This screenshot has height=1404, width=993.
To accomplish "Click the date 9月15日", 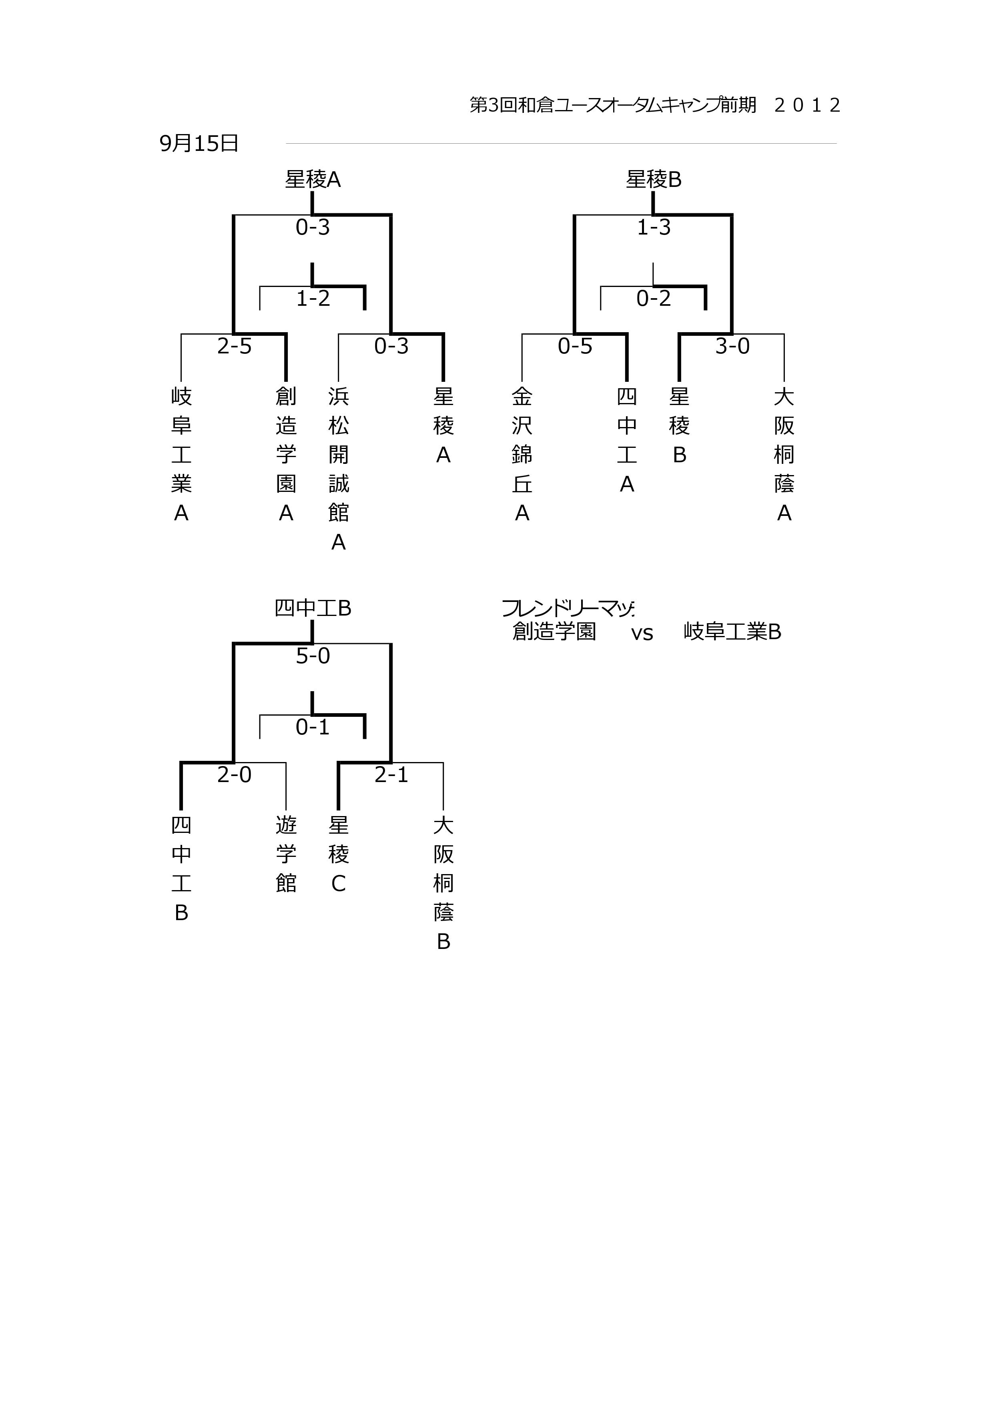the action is (x=199, y=143).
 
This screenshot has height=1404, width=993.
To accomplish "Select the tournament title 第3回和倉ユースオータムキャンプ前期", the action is (x=613, y=105).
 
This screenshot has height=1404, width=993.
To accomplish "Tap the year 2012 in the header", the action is (x=807, y=105).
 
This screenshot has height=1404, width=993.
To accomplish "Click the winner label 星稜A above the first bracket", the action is (x=313, y=179).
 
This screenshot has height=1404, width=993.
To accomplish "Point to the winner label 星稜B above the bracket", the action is (x=654, y=179).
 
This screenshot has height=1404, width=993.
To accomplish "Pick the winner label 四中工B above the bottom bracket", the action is (x=313, y=608).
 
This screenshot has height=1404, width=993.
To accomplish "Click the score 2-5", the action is (x=234, y=346).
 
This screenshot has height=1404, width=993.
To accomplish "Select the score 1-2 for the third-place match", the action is (x=313, y=299).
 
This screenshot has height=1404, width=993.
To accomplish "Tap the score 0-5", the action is (x=575, y=346).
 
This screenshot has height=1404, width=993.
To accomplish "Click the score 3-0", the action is (x=732, y=346).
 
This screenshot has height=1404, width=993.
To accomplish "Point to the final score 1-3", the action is (x=654, y=227).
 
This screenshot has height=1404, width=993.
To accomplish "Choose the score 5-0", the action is (x=313, y=656).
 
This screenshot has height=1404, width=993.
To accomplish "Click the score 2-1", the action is (x=391, y=775).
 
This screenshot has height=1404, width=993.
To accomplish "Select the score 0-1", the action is (x=313, y=727).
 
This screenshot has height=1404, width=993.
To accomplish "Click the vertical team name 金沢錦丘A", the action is (x=522, y=454).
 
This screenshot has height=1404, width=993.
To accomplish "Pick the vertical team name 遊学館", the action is (x=286, y=854).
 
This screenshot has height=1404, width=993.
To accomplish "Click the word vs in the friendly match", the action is (x=642, y=634).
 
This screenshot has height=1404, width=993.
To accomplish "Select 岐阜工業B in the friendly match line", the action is (x=732, y=631).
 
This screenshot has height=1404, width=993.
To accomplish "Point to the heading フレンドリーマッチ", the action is (x=568, y=608).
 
